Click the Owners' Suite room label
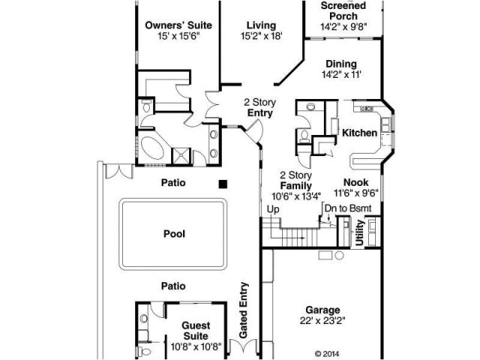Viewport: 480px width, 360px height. coord(178,25)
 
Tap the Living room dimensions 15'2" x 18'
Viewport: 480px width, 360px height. coord(262,36)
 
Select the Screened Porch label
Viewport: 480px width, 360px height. coord(343,10)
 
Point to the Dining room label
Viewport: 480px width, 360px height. coord(341,64)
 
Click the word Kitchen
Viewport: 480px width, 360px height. coord(359,133)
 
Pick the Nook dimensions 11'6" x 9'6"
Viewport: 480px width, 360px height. coord(356,193)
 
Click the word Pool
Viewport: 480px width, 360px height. coord(174,234)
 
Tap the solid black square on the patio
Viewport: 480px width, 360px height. coord(223,184)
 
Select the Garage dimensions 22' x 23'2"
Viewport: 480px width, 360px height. coord(322,320)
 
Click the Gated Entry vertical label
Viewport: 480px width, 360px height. coord(243,310)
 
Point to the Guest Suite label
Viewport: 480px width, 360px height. coord(196,331)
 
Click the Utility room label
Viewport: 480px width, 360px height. coord(359,232)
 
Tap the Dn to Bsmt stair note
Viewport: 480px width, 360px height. coord(348,208)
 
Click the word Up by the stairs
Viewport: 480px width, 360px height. coord(273,210)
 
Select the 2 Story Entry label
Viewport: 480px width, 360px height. coord(260,107)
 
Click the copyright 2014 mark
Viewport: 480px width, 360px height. coord(327,354)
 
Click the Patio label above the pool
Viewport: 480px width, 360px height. coord(173,183)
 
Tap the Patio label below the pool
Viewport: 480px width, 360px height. coord(173,286)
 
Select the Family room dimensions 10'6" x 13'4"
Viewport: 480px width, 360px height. coord(296,196)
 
